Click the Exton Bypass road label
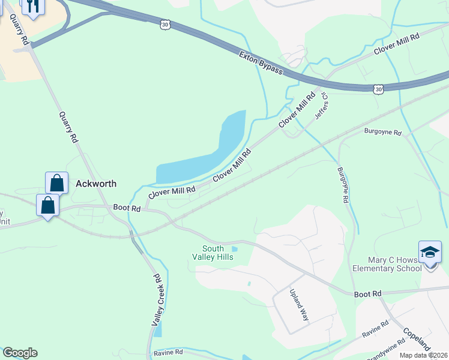point(261,63)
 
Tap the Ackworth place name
point(96,184)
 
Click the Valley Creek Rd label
point(157,301)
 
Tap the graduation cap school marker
point(430,252)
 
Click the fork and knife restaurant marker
point(32,6)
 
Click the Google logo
point(20,353)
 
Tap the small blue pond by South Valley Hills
point(235,249)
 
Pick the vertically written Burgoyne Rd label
point(343,185)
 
